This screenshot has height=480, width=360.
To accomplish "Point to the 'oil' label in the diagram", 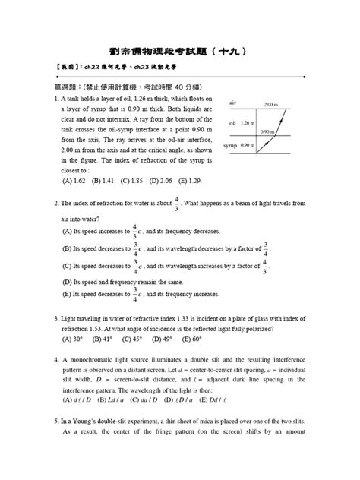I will [x=232, y=122].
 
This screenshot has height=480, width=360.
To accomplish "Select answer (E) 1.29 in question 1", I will [x=194, y=181].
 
